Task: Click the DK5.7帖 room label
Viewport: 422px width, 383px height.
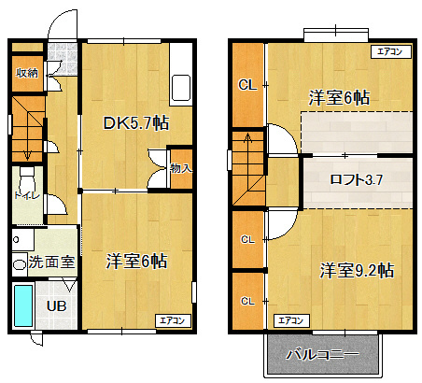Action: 136,123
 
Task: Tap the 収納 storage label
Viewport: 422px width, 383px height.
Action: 27,73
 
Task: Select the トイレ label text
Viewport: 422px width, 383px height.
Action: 27,195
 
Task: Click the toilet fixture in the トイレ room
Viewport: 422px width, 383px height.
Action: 27,179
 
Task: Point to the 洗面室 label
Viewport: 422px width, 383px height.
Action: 51,262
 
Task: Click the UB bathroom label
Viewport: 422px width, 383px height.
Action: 56,306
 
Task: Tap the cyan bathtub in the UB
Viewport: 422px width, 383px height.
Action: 23,305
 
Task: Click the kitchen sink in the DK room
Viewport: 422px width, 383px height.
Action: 181,88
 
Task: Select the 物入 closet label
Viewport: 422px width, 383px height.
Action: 181,168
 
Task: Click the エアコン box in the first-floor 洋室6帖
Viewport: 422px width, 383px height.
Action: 173,320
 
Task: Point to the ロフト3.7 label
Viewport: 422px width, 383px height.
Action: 357,179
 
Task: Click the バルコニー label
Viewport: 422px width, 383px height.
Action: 322,354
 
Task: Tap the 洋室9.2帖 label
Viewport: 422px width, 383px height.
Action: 357,270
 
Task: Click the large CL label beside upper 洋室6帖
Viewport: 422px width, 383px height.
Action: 247,85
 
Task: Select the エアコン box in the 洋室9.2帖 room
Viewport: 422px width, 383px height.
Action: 291,320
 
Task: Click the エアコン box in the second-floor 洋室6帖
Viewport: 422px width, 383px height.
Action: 391,51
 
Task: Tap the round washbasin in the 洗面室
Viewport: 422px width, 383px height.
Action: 20,265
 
